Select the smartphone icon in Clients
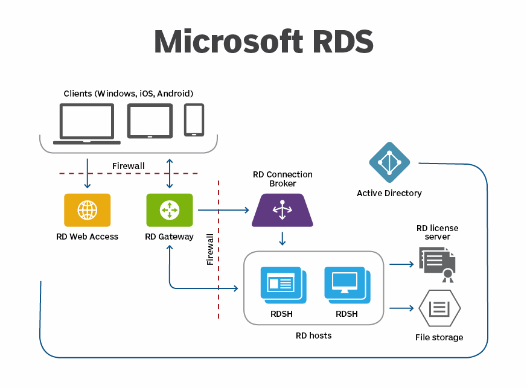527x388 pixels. pyautogui.click(x=194, y=119)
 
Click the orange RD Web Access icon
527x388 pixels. pyautogui.click(x=88, y=210)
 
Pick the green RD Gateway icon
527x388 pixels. pyautogui.click(x=170, y=210)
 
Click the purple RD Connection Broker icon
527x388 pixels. pyautogui.click(x=282, y=210)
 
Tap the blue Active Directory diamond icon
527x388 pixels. pyautogui.click(x=389, y=162)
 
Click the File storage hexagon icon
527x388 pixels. pyautogui.click(x=439, y=308)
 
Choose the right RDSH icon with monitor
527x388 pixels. pyautogui.click(x=347, y=284)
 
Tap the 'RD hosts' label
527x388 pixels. pyautogui.click(x=313, y=336)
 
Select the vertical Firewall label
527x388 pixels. pyautogui.click(x=210, y=250)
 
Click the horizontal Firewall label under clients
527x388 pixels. pyautogui.click(x=129, y=166)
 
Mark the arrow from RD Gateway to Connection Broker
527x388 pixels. pyautogui.click(x=223, y=210)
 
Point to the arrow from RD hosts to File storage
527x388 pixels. pyautogui.click(x=401, y=308)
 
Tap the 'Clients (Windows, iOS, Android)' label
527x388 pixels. pyautogui.click(x=129, y=94)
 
